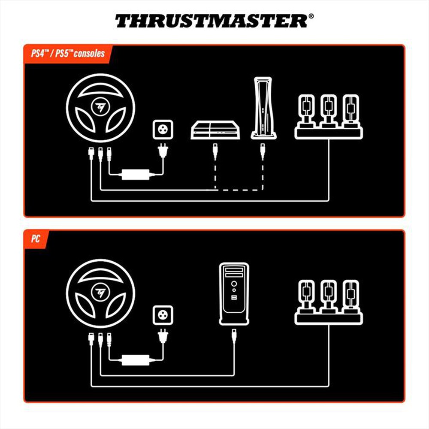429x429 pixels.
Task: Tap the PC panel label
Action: point(36,239)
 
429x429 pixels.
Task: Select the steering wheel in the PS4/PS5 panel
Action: point(101,105)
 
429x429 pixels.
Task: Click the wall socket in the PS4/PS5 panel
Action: point(163,130)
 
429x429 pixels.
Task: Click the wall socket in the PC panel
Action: point(163,315)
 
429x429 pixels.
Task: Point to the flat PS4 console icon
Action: point(214,130)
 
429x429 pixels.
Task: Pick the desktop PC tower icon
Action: point(234,294)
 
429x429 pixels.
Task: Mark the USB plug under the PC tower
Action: point(234,336)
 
